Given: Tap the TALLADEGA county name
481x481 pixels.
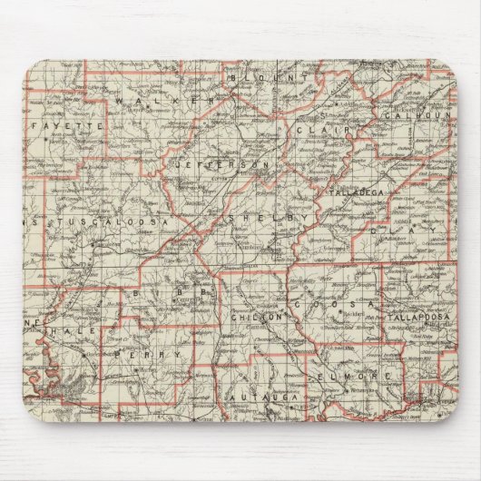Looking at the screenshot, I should click(x=363, y=192).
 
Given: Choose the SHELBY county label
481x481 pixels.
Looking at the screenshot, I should click(x=263, y=221).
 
